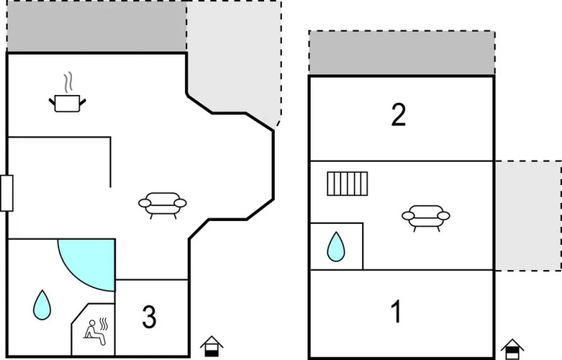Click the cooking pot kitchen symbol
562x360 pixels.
click(68, 103)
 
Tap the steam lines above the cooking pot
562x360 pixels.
click(68, 81)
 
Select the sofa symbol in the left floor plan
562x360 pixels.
click(163, 205)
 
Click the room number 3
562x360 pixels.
click(149, 317)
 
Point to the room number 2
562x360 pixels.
click(399, 114)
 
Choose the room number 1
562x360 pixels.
click(396, 312)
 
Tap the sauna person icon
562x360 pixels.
click(94, 333)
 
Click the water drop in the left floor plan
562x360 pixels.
click(42, 305)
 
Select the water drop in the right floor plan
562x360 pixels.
click(336, 247)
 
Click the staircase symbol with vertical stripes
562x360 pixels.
click(348, 184)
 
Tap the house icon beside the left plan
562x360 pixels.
click(212, 346)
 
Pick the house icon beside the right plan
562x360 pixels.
click(512, 349)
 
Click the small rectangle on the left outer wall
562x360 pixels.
click(6, 193)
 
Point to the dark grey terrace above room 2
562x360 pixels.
click(402, 53)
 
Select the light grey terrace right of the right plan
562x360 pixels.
click(528, 216)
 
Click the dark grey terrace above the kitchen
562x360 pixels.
click(96, 26)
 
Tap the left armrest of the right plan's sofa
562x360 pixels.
click(408, 216)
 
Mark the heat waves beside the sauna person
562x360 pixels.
click(103, 324)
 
